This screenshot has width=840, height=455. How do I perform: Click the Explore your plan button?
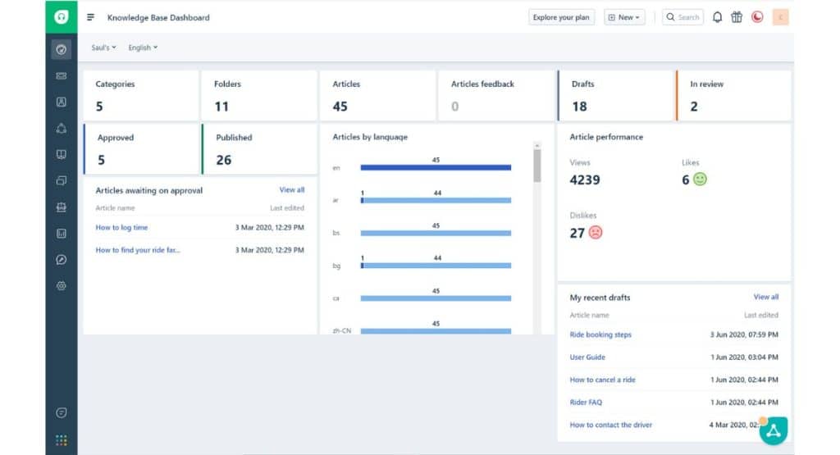[561, 17]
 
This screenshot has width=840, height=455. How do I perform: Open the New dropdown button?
[624, 17]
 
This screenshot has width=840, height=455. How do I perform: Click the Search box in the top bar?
[682, 17]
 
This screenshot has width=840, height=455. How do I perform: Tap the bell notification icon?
[718, 17]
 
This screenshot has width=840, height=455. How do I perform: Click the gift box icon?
[737, 17]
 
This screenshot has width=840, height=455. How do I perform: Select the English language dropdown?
[143, 48]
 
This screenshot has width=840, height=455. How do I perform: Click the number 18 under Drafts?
[579, 106]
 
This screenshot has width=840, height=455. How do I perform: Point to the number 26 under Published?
[224, 160]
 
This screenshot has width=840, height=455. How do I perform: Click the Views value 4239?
[585, 180]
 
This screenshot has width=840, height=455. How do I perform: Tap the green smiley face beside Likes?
[700, 179]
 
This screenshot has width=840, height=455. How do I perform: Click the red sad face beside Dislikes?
[596, 233]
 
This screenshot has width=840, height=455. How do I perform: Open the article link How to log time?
[121, 228]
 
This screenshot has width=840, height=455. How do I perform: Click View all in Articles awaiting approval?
[291, 190]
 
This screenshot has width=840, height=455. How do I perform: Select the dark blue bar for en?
[436, 167]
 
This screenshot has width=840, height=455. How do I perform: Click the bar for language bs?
[436, 233]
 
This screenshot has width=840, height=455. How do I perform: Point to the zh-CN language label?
[342, 331]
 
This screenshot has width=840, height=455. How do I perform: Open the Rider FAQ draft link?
[586, 403]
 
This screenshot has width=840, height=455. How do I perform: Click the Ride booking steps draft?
[600, 334]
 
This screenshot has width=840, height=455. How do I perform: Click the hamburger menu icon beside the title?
[90, 17]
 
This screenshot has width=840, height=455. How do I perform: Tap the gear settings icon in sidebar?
[61, 285]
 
